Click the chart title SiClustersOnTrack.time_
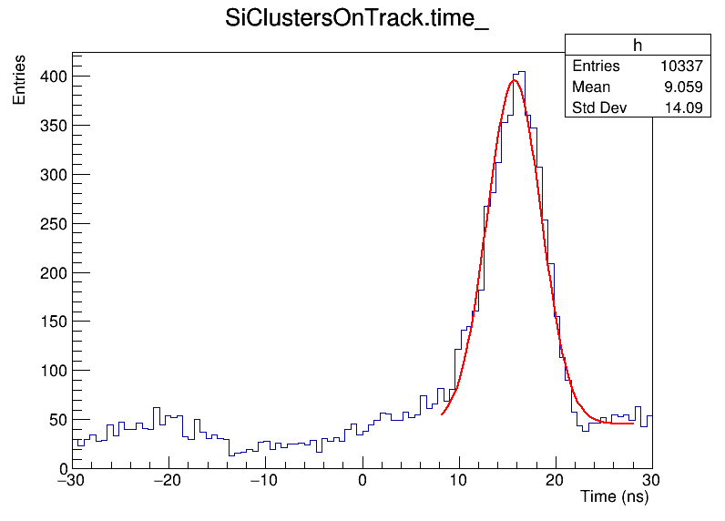[x=357, y=20]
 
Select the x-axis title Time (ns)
[x=614, y=497]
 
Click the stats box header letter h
[x=637, y=46]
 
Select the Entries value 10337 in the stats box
[x=681, y=66]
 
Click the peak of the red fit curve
[x=515, y=80]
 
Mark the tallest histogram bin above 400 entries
[x=521, y=73]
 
